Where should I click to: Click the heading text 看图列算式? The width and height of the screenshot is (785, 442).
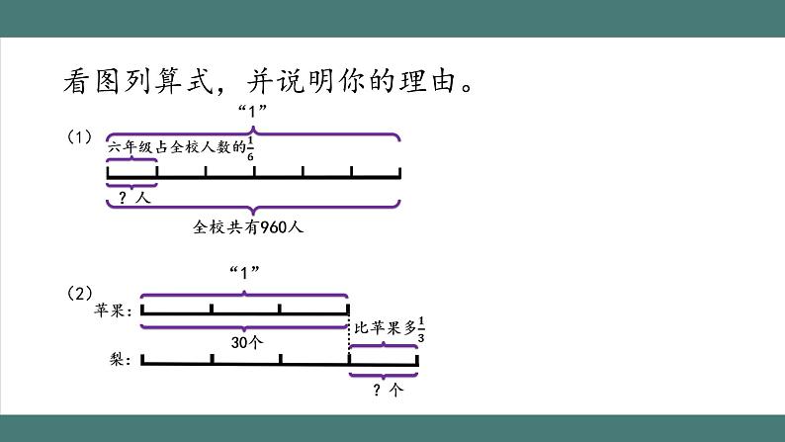tap(137, 80)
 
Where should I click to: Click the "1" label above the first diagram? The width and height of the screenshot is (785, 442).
tap(254, 111)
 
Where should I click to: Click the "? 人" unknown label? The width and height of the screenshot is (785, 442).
tap(131, 197)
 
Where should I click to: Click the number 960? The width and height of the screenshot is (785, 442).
tap(261, 226)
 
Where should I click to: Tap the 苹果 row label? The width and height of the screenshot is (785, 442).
tap(112, 310)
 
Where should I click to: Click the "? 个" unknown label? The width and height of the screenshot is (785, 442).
tap(384, 390)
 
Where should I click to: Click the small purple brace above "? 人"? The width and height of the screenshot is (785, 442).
tap(131, 160)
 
